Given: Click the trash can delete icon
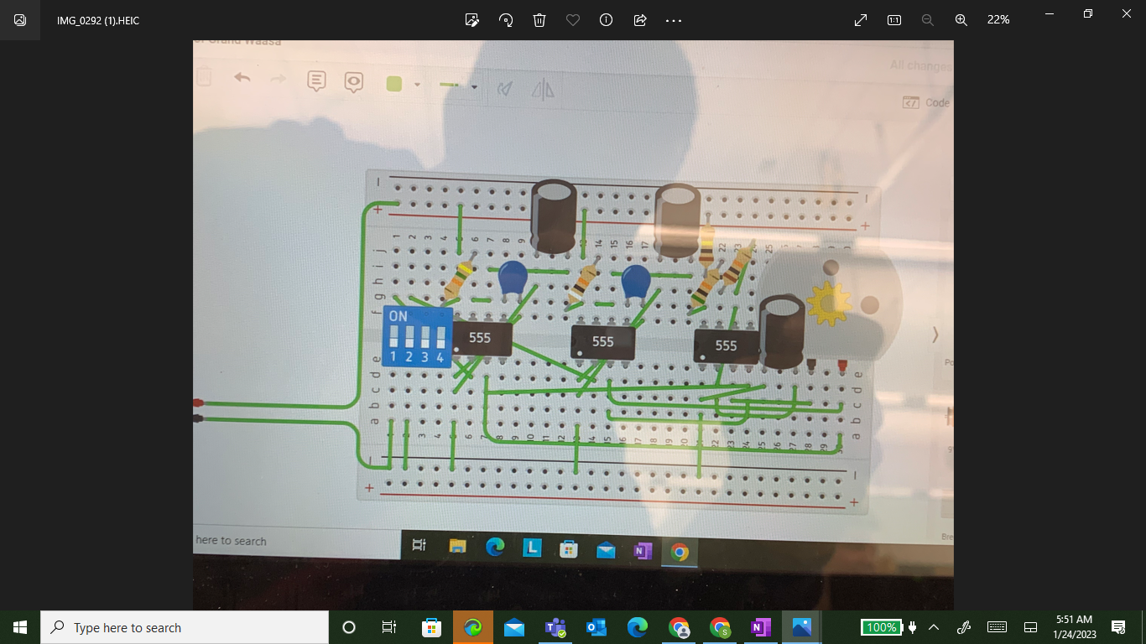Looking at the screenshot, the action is (539, 20).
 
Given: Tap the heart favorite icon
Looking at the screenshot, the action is (573, 20).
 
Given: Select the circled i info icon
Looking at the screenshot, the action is (606, 20).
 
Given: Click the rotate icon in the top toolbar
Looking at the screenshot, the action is (506, 20).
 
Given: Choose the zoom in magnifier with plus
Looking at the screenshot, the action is (961, 20).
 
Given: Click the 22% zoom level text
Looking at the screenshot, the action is (998, 20).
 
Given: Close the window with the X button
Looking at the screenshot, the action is (1127, 13).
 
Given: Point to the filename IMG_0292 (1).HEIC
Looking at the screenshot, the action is (98, 20).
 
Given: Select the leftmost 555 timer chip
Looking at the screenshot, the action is (480, 338).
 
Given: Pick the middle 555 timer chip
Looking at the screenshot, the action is (602, 341).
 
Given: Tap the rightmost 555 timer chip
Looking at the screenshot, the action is (726, 345).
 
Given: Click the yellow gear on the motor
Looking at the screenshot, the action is (828, 304).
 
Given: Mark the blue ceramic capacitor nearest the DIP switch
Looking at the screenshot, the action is (512, 278).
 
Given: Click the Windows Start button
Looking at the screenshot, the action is (20, 627).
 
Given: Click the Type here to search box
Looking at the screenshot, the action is (185, 627).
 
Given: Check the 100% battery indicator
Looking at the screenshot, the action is (881, 627).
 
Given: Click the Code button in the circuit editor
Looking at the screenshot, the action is (926, 102).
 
